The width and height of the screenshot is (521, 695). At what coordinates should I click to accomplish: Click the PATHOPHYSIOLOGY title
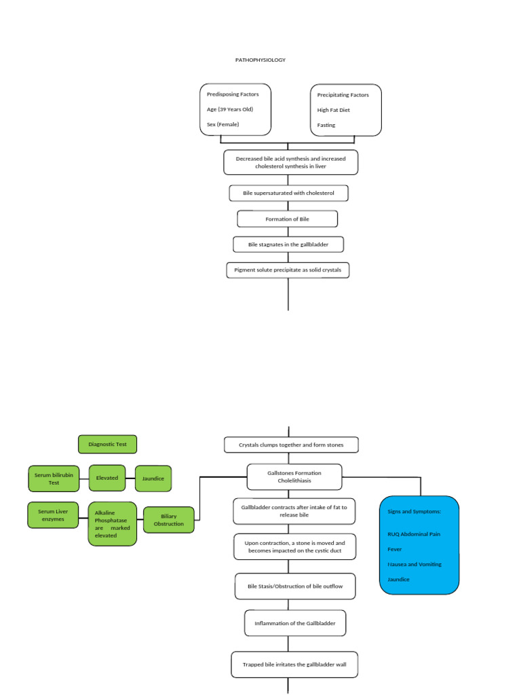coord(260,60)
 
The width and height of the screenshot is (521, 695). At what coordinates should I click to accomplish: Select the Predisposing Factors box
coord(235,109)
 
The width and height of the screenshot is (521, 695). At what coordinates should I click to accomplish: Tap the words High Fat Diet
coord(334,110)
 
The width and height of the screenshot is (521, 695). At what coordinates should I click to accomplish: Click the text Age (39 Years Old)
coord(230,109)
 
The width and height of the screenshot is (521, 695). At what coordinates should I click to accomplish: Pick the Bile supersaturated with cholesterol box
coord(288,193)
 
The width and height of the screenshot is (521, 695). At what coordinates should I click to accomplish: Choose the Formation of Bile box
coord(287,219)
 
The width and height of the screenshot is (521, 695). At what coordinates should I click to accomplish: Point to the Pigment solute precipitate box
coord(288,270)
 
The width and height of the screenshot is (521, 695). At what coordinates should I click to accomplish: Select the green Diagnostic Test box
coord(107,445)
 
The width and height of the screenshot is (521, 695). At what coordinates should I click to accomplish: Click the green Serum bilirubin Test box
coord(54,478)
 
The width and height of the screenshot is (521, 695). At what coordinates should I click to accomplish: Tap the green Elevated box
coord(107,478)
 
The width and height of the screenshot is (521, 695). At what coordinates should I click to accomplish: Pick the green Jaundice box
coord(153,478)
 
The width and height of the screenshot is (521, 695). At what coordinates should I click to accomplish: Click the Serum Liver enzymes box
coord(53,515)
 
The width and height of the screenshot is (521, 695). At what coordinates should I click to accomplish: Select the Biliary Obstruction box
coord(169,520)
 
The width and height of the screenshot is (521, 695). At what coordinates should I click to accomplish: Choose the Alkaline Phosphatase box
coord(112,523)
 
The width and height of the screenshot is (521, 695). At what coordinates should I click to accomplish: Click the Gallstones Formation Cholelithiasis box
coord(294,476)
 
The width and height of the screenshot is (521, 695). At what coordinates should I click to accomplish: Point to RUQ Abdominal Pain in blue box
coord(414,534)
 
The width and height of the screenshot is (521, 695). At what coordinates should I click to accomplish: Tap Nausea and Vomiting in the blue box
coord(414,565)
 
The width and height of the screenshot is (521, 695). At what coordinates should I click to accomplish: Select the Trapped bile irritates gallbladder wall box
coord(294,664)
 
